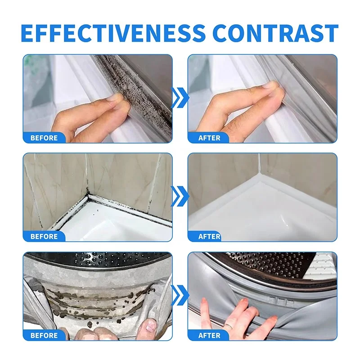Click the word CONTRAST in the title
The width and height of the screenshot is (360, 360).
tap(276, 33)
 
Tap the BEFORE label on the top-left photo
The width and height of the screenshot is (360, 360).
tap(44, 138)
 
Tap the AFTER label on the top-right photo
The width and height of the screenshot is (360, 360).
tap(209, 138)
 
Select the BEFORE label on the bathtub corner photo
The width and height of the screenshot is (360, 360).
tap(44, 237)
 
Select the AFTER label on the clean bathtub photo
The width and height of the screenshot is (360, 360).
tap(209, 237)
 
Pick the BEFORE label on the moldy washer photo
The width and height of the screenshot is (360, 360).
tap(44, 335)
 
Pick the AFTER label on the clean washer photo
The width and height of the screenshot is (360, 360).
tap(209, 335)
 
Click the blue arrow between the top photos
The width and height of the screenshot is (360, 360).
tap(180, 98)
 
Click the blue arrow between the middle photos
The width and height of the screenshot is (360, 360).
tap(180, 196)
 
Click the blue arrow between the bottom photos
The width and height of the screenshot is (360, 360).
tap(180, 296)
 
